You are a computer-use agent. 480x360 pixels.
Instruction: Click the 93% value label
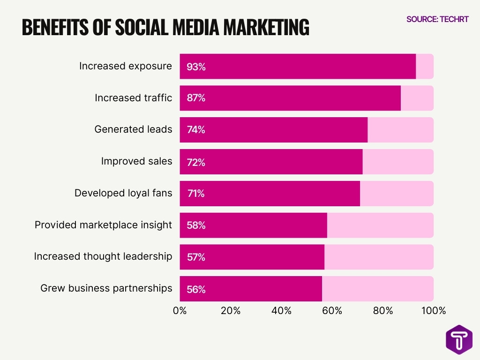coord(196,67)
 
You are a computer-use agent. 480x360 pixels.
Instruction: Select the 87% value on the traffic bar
coord(196,98)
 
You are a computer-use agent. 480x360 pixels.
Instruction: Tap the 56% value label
coord(196,289)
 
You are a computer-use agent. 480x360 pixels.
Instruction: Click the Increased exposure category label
coord(125,66)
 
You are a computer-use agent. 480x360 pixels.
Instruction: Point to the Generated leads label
coord(133,129)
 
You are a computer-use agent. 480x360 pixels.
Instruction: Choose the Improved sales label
coord(136,161)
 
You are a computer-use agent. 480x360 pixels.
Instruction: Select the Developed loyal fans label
coord(123,193)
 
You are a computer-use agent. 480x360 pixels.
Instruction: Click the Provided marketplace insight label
coord(103,225)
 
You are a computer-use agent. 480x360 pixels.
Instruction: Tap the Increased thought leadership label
coord(103,257)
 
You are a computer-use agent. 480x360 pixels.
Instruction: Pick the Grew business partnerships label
coord(106,288)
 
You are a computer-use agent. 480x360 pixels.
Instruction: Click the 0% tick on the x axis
coord(180,311)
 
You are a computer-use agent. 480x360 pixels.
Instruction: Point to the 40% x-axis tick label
coord(281,311)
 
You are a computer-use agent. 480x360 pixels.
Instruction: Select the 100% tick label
coord(433,311)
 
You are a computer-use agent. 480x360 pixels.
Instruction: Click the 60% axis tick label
coord(332,311)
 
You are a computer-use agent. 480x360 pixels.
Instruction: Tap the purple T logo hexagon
coord(459,340)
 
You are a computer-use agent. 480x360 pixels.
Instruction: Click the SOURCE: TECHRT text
coord(437,19)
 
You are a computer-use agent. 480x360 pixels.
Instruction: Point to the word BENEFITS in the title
coord(54,28)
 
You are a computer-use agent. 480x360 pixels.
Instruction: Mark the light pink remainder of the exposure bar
coord(425,67)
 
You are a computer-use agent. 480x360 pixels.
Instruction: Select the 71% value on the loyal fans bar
coord(195,194)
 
